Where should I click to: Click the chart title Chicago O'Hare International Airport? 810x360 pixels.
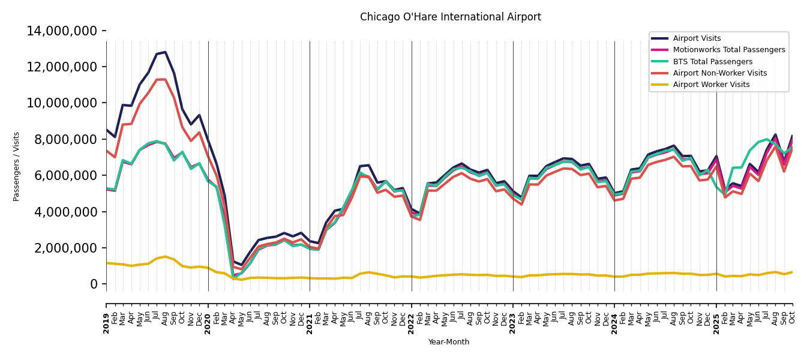(450, 17)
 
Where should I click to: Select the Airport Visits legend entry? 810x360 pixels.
(697, 38)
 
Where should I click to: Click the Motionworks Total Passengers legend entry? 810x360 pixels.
(728, 50)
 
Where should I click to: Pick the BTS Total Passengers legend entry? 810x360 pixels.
(712, 62)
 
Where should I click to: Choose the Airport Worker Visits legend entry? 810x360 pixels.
(711, 85)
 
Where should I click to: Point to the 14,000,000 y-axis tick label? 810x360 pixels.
(62, 31)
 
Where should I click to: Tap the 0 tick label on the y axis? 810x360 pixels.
(94, 284)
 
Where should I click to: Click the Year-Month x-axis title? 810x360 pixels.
(449, 342)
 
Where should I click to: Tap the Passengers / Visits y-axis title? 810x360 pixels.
(17, 166)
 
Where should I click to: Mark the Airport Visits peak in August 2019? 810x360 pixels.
(165, 52)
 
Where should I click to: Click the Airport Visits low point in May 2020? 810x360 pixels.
(242, 265)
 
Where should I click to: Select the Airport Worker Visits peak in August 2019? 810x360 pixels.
(165, 257)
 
